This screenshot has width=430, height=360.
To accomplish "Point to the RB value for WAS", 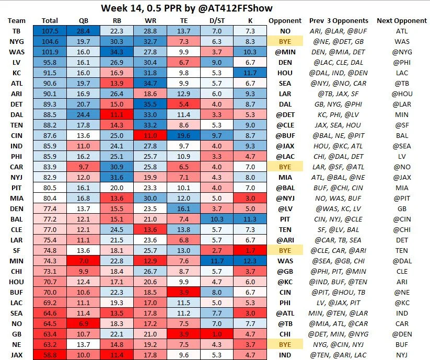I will [117, 52].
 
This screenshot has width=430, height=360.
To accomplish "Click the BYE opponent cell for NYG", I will [285, 41].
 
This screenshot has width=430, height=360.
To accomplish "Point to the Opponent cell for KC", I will [285, 73].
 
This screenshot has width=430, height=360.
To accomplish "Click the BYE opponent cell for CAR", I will [285, 167].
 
